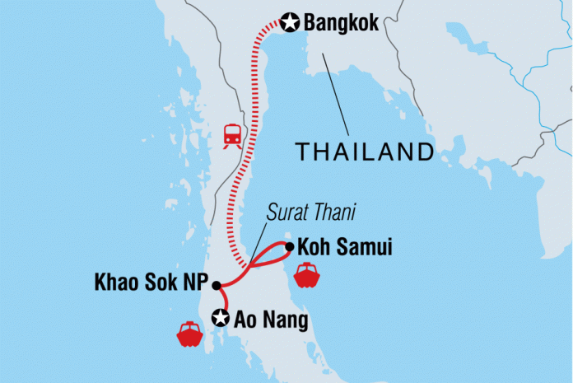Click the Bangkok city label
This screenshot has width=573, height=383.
click(x=342, y=23)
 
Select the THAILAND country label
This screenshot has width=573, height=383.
click(x=365, y=152)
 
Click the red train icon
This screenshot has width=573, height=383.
click(x=232, y=135)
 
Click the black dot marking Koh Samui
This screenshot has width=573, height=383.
click(x=289, y=245)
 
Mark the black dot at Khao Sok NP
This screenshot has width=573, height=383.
click(x=216, y=286)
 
